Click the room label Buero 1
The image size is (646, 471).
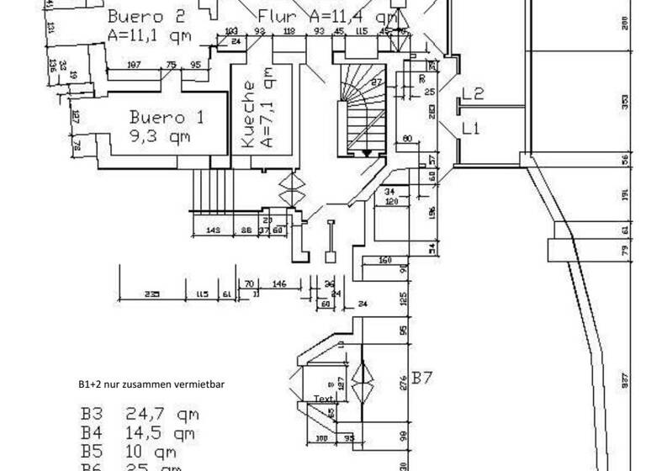pyautogui.click(x=166, y=117)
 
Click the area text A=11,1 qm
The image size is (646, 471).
pyautogui.click(x=149, y=35)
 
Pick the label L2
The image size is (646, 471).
pyautogui.click(x=472, y=95)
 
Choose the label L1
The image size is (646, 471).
pyautogui.click(x=470, y=129)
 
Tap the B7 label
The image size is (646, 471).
pyautogui.click(x=421, y=380)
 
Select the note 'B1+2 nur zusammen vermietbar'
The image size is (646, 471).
pyautogui.click(x=151, y=384)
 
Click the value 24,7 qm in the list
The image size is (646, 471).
pyautogui.click(x=163, y=414)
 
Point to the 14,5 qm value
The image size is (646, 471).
pyautogui.click(x=163, y=434)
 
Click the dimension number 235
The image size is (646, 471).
pyautogui.click(x=151, y=295)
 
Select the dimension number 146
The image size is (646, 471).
pyautogui.click(x=279, y=285)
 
